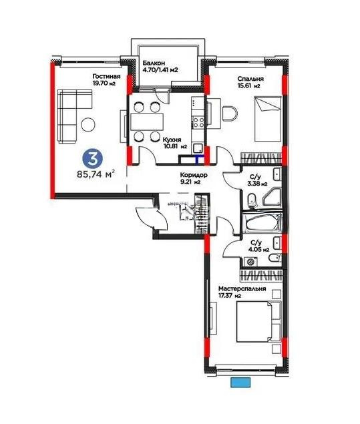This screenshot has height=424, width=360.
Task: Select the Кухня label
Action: pos(173,140)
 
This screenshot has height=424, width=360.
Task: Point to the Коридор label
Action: pos(194,175)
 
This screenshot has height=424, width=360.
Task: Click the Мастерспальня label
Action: pos(242,288)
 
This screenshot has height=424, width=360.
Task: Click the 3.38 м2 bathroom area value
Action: pos(258,183)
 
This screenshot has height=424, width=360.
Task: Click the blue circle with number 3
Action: pos(92,158)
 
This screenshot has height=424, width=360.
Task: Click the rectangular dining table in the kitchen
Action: pos(147,122)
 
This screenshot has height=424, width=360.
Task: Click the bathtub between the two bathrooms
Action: pos(262,222)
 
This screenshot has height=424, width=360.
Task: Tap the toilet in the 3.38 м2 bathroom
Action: pos(251,199)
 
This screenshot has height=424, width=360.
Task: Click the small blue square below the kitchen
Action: pos(198,159)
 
